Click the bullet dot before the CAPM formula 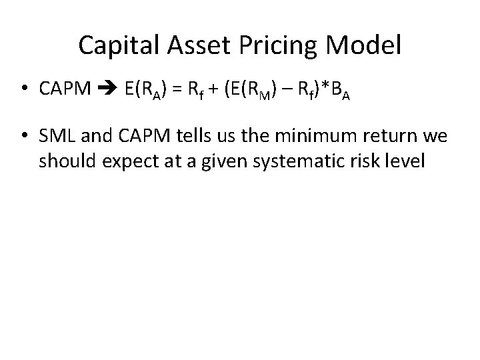tap(23, 90)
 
